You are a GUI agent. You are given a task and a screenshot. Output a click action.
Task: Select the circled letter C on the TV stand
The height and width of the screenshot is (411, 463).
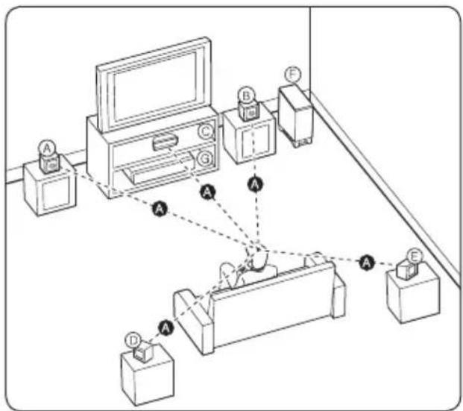point(205,131)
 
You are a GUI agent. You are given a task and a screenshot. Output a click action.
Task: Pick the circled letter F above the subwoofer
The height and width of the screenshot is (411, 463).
point(293,74)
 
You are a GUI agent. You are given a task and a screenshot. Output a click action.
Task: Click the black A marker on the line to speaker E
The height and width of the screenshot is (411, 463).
point(366,261)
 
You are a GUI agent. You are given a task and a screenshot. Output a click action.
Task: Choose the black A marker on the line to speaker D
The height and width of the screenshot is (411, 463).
point(166,326)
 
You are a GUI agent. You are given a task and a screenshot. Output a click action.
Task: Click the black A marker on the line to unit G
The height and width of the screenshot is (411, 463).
point(209,192)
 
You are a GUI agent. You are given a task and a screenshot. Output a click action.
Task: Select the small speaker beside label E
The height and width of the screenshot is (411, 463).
point(406,269)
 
